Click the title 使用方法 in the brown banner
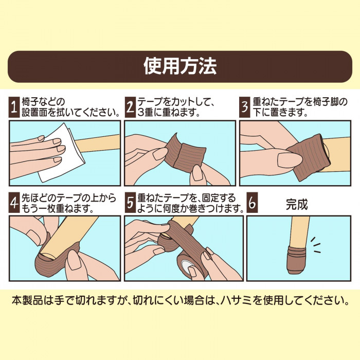180,66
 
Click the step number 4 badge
15,204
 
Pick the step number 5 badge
130,204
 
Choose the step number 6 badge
252,204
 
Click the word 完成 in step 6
297,204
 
